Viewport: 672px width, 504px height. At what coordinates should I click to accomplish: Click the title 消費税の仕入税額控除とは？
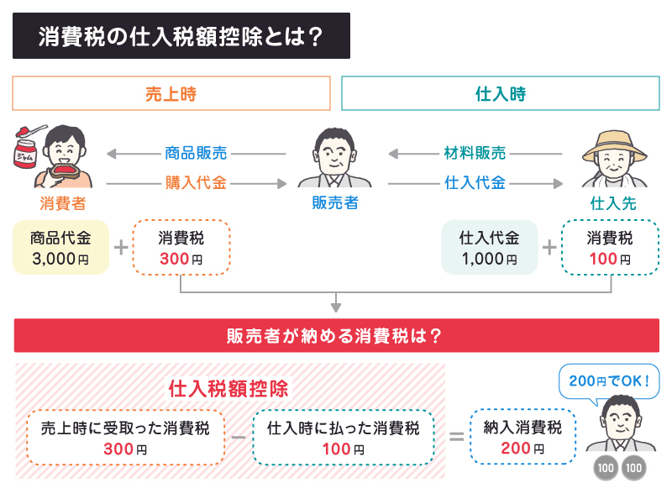181,36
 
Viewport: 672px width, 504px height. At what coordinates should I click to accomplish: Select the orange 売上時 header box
171,93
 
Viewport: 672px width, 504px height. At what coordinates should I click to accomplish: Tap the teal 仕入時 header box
500,93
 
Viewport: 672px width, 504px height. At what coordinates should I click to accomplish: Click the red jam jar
28,156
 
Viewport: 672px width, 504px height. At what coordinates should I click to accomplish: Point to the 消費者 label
62,202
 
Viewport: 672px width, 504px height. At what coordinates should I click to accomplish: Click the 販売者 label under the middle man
334,202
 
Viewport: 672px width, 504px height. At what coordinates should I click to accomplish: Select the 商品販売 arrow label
197,154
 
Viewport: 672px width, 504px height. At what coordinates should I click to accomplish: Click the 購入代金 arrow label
197,182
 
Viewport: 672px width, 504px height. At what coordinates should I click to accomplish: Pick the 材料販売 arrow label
475,154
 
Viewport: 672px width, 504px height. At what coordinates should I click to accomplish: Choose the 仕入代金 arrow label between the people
475,182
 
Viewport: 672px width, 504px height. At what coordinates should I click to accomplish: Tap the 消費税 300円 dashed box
181,248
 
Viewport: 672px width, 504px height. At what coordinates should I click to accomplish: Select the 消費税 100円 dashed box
609,248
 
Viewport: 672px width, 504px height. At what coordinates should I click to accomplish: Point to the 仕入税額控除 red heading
228,389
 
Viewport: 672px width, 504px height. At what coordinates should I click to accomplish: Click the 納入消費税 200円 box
522,437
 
